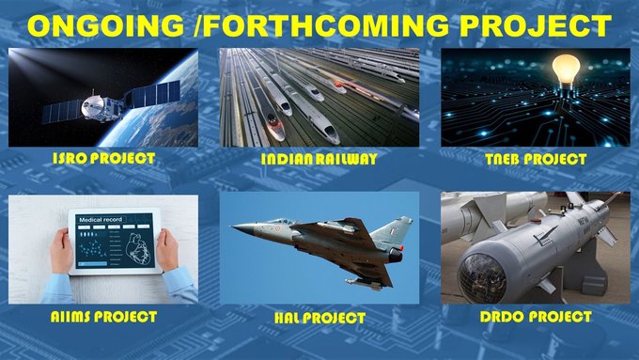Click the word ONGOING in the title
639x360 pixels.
[x=105, y=25]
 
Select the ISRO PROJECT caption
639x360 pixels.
[x=104, y=158]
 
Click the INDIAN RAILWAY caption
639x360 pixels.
[x=319, y=159]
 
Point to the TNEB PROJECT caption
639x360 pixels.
[x=536, y=159]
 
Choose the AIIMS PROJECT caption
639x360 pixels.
[x=103, y=317]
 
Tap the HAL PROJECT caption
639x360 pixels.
[x=319, y=318]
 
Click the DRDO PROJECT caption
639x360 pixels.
[x=536, y=317]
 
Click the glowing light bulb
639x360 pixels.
[x=566, y=70]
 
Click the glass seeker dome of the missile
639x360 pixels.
[x=482, y=277]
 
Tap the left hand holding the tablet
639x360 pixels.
[x=61, y=251]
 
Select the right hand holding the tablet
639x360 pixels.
[x=167, y=250]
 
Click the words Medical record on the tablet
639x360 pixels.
[x=101, y=220]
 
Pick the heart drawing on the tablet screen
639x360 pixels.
[x=139, y=249]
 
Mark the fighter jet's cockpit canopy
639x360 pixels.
[x=277, y=223]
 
